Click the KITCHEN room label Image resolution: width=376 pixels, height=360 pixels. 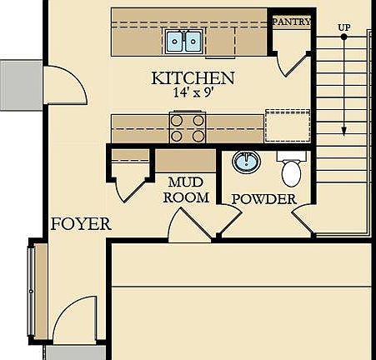click(x=193, y=78)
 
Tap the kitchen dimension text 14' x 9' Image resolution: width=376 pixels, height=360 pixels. click(x=193, y=94)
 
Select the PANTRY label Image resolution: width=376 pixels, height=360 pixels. click(x=292, y=22)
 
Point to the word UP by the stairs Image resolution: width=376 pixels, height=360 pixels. click(x=343, y=28)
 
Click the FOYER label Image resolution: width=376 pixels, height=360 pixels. click(x=81, y=224)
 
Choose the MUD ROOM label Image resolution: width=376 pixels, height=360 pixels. click(x=185, y=190)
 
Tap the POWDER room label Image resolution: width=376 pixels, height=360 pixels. click(x=263, y=199)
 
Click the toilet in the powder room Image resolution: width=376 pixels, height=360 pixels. click(x=291, y=169)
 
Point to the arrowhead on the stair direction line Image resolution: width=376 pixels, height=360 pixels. click(x=343, y=131)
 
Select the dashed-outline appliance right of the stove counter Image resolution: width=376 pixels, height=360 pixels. click(x=287, y=126)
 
